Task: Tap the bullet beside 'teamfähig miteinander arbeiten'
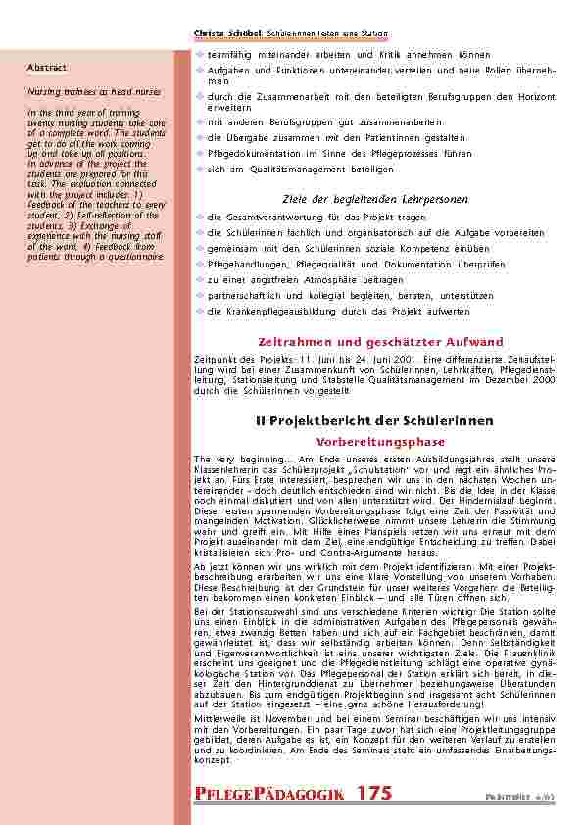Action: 200,55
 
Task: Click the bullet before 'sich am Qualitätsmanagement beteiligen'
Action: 200,170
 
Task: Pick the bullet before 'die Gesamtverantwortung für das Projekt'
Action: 200,217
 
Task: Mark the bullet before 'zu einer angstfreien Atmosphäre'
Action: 200,279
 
